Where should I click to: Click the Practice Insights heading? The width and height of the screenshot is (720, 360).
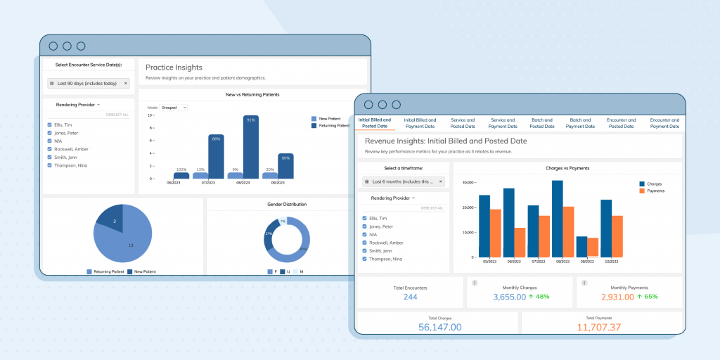point(174,67)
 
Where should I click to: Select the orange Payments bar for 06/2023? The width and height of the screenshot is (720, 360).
point(520,242)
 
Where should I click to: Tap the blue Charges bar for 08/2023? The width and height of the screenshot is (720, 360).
point(558,219)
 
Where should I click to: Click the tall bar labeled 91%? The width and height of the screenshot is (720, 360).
point(251,147)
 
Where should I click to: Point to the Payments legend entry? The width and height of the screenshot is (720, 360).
point(655,191)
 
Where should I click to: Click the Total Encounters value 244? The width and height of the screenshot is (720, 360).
point(410,297)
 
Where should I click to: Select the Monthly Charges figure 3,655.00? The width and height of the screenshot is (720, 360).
point(510,297)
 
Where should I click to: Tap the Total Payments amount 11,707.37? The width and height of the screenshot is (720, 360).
point(600,327)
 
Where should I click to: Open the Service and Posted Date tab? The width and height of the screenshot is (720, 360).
point(463,123)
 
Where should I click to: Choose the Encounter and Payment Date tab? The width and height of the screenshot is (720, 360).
point(664,123)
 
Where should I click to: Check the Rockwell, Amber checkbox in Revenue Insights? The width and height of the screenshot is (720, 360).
point(364,243)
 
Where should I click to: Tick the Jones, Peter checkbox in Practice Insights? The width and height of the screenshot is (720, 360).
point(49,132)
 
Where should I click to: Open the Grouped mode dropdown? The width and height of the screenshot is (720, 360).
point(174,108)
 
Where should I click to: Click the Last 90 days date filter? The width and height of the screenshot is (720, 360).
point(89,83)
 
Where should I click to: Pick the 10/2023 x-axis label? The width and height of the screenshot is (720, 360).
point(611,262)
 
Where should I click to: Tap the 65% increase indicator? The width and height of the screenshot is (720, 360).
point(647,297)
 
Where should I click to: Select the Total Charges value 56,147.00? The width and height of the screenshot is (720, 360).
point(440,327)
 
